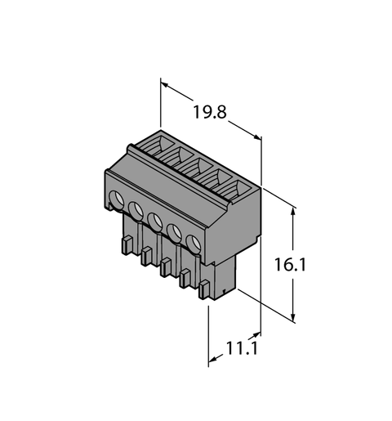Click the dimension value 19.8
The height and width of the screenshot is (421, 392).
tap(209, 114)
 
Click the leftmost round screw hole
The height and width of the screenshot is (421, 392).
tap(118, 199)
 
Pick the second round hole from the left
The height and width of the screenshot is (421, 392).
tap(136, 210)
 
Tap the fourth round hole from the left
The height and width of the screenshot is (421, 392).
tap(174, 231)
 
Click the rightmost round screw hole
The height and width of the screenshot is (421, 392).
tap(193, 242)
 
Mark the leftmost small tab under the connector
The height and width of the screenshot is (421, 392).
tap(127, 244)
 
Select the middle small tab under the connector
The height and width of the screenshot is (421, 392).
tap(166, 266)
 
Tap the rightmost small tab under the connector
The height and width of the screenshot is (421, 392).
tap(204, 288)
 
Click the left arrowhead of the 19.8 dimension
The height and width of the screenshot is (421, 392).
tap(164, 83)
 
